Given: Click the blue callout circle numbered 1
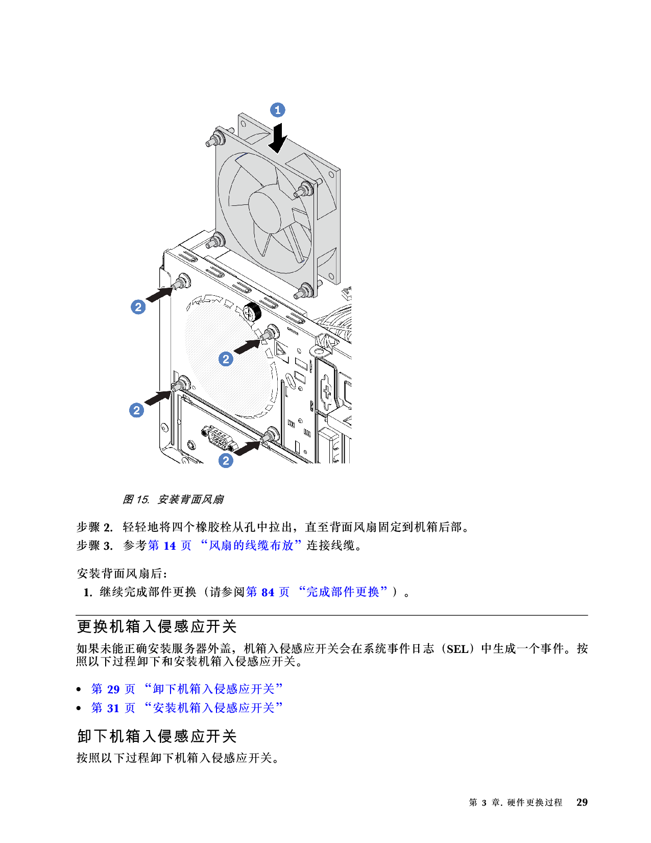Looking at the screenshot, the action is coord(277,110).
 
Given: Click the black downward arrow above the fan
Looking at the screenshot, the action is coord(278,138).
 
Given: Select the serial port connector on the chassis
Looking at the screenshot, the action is coord(218,438).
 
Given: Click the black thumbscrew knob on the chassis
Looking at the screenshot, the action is coord(252,312).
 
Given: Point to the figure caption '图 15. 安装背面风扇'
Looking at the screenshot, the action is coord(173,499).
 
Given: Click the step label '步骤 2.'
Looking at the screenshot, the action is coord(94,527).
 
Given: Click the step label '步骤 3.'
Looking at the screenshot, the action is coord(94,546).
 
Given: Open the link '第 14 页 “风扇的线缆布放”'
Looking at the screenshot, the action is coord(225,546).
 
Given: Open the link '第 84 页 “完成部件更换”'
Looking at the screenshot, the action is coord(317,592).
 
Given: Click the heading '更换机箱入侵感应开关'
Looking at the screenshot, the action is coord(157,626).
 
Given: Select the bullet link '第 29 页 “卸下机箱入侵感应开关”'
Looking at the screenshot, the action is coord(187,689).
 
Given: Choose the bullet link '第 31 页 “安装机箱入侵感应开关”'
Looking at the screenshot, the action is coord(187,708).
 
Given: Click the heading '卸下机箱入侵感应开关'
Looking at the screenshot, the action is coord(157,736).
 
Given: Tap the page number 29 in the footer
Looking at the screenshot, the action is coord(582,802).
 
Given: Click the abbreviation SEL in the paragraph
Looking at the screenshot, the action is coord(457,649).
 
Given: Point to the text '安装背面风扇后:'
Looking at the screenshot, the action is coord(122,573).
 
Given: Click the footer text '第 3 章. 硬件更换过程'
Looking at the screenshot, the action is coord(515,802).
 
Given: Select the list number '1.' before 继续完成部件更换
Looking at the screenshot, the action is coord(88,592).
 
